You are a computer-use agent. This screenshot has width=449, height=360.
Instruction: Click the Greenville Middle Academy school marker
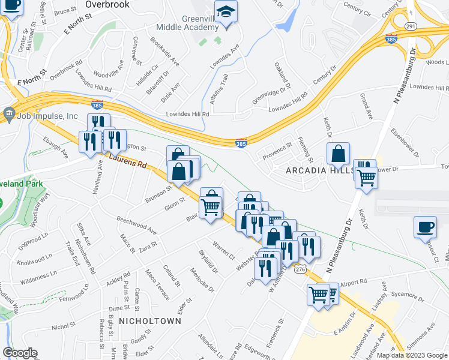point(226,12)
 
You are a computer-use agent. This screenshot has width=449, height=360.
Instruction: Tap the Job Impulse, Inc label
point(49,116)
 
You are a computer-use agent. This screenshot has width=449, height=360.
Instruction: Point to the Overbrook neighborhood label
point(107,4)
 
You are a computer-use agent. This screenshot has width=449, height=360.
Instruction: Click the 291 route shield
point(410,26)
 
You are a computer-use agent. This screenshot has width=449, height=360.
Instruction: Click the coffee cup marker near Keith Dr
point(426,227)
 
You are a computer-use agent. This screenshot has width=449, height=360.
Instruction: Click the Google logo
point(20,353)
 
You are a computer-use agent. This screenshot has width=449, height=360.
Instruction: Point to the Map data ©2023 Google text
point(411,355)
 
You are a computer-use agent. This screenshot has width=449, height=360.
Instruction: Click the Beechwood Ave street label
point(136,225)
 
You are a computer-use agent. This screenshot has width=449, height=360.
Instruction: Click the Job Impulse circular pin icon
point(9,113)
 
